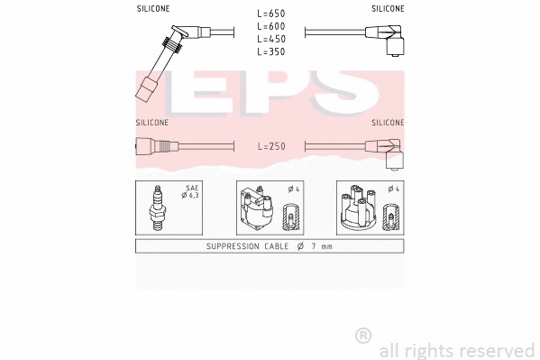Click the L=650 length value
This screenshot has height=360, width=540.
coord(270,14)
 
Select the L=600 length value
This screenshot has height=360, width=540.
coord(270,27)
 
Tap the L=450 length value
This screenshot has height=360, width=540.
coord(270,40)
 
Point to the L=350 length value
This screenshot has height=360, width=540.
coord(270,52)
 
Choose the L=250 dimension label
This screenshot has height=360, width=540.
coord(270,145)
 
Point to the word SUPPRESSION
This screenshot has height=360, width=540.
coord(232,246)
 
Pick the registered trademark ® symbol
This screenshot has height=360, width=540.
coord(362,336)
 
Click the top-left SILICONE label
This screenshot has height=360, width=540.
coord(152,8)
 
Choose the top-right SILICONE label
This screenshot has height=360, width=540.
coord(388,8)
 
